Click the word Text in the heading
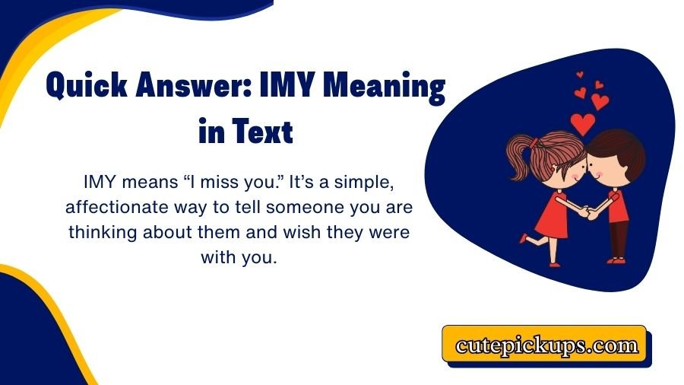click(x=262, y=132)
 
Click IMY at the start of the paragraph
click(x=100, y=183)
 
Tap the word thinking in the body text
click(x=106, y=232)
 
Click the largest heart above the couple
click(x=584, y=123)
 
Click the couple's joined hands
click(x=584, y=212)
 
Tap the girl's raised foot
click(x=523, y=238)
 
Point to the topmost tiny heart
click(x=580, y=75)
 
